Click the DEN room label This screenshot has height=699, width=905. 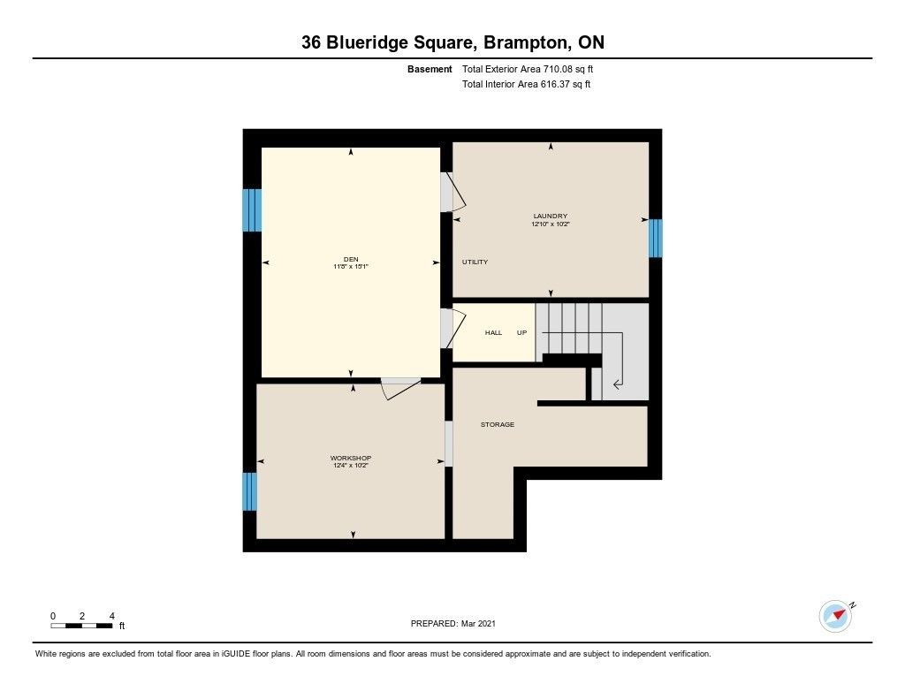[351, 259]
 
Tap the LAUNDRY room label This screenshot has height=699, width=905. [550, 216]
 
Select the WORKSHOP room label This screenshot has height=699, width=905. [351, 458]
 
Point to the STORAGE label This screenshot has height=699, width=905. [498, 424]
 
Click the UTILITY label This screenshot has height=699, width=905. [475, 262]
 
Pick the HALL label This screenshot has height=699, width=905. [493, 332]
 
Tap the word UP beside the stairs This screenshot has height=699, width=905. [521, 332]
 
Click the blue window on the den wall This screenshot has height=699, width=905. [252, 210]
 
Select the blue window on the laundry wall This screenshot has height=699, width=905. [655, 238]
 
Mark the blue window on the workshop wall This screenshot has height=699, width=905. [249, 491]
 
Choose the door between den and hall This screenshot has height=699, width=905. [453, 329]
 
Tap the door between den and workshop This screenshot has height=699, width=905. [400, 388]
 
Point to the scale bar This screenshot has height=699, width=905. [82, 626]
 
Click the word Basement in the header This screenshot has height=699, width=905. [430, 69]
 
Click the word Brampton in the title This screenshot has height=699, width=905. [524, 42]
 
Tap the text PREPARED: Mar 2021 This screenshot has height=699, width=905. [453, 623]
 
